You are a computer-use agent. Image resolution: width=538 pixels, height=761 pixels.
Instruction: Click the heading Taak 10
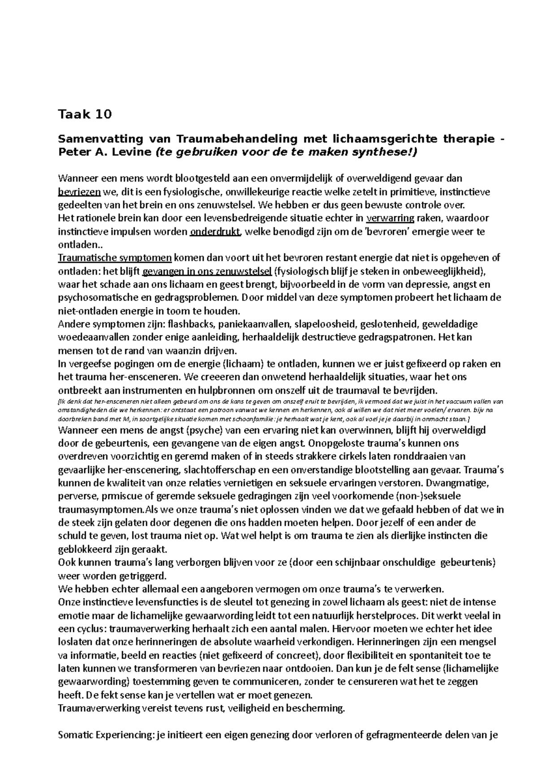(85, 115)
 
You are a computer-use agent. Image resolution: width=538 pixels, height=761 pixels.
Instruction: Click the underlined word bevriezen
(79, 192)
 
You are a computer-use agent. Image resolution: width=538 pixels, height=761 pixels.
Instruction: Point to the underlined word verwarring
(390, 218)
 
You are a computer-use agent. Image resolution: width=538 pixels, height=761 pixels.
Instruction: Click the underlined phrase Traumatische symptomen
(115, 258)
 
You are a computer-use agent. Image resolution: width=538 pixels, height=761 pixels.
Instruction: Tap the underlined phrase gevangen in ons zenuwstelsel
(207, 271)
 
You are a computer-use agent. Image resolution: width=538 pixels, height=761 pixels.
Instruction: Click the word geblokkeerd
(86, 549)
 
